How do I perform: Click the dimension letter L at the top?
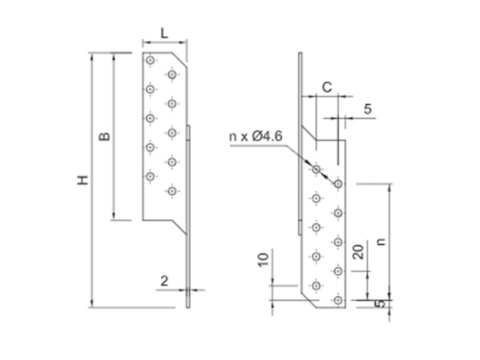point(165,32)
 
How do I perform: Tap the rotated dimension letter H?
point(83,180)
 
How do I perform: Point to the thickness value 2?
point(165,280)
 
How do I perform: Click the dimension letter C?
point(326,86)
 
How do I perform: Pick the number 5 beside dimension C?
point(367,107)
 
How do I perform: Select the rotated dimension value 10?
point(263,262)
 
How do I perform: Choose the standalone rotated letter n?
point(380,242)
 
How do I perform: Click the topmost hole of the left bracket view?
point(149,61)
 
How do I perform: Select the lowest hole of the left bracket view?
point(171,191)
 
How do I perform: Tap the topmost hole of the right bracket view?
point(316,169)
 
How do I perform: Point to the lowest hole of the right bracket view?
point(337,301)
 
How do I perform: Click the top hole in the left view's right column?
point(171,75)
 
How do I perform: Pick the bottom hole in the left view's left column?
point(149,176)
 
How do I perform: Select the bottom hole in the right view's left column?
point(316,285)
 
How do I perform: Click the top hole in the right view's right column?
point(337,185)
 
